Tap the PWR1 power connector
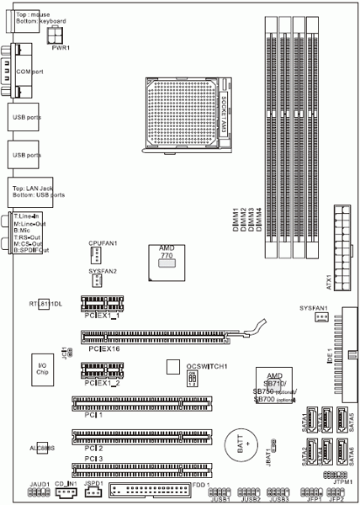coord(58,35)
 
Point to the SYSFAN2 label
coord(103,271)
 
